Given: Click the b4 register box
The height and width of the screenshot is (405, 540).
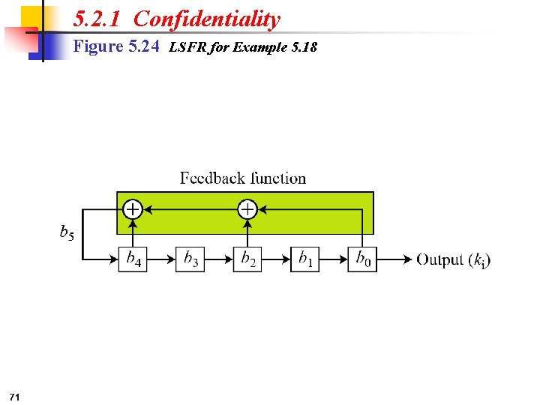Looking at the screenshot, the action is pos(132,259).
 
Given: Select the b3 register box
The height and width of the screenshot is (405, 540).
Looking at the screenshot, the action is pos(190,259).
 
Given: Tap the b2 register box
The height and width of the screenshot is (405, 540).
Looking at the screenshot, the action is pos(247,259).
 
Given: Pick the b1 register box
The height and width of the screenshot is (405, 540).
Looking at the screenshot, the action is pos(304,259).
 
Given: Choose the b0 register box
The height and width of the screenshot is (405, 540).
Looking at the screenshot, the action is pos(362,259).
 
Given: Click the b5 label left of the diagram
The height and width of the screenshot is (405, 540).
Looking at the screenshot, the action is pos(67,232).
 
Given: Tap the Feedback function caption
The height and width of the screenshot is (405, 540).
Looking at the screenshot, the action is pos(243,178).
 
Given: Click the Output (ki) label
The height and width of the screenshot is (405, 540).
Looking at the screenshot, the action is pos(453,259).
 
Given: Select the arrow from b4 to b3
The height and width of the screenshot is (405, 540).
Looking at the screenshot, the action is pos(160,259).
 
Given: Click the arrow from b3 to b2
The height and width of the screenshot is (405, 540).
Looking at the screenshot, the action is pos(218,259).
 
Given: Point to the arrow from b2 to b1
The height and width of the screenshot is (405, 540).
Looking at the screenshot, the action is pos(276,259).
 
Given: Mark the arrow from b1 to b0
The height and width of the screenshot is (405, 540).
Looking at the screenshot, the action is pos(333,259).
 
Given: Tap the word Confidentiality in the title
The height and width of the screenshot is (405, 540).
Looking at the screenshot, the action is pos(207,19).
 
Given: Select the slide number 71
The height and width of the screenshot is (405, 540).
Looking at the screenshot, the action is pos(15,395).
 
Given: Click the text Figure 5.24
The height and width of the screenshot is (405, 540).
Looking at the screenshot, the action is pos(116,47).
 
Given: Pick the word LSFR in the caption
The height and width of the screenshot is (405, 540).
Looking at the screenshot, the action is pos(185,48).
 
